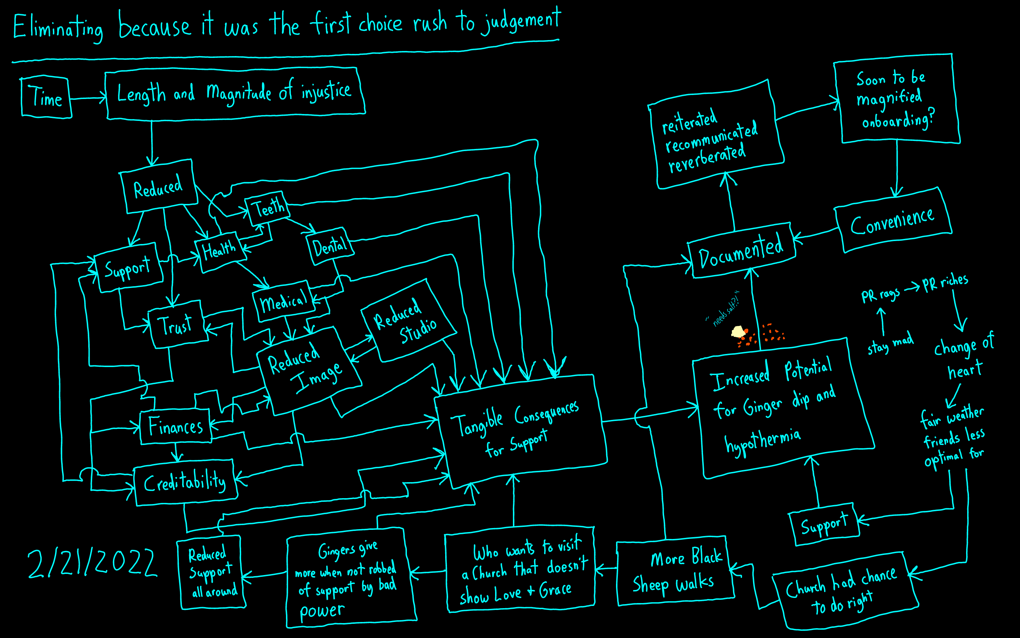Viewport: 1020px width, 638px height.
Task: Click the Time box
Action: pos(46,97)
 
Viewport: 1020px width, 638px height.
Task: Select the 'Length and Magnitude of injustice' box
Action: pos(235,92)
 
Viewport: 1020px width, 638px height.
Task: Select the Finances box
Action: pos(176,426)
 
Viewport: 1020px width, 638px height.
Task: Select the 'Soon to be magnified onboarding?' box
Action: pos(895,100)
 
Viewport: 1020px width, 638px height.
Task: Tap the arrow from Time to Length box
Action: pos(88,99)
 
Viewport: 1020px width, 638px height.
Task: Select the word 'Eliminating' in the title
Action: pos(58,28)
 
